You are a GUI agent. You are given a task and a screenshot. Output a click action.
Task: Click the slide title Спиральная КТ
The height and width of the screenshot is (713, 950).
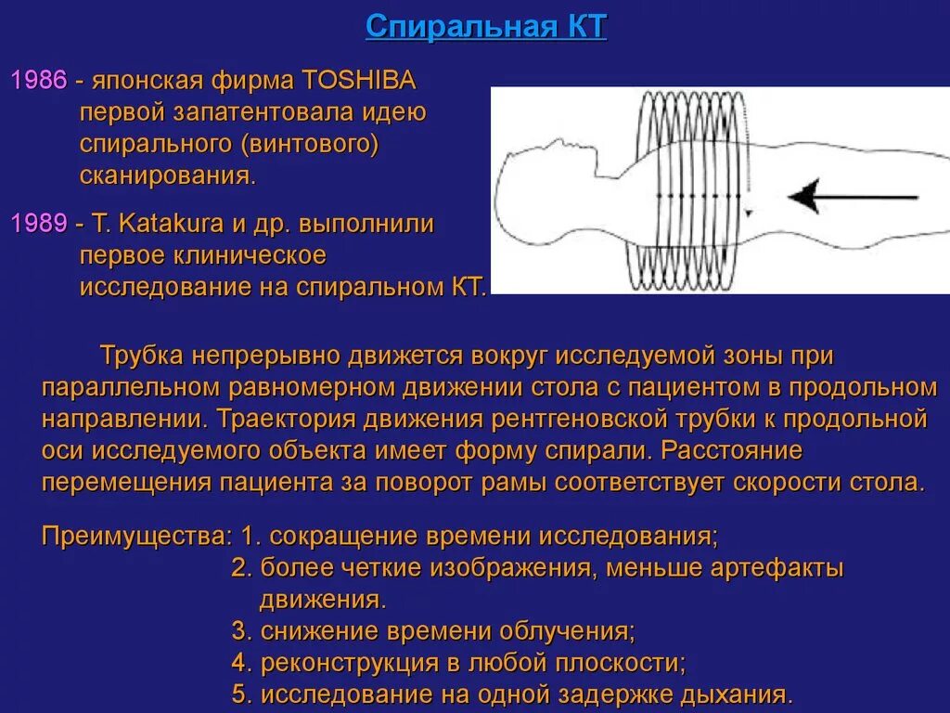pos(485,26)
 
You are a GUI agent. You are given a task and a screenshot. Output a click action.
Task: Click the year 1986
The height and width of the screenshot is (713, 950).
pos(38,80)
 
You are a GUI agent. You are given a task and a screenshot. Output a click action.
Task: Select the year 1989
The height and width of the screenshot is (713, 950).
pos(38,224)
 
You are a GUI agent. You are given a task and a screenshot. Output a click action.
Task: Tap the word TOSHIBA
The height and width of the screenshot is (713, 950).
pos(359,80)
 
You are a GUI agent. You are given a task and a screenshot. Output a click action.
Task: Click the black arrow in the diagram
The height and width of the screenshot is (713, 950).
pos(852,197)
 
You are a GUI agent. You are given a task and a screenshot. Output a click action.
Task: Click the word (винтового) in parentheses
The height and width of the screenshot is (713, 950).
pos(311,144)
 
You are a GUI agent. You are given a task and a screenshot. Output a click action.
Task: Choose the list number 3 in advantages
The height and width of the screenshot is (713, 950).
pos(241,632)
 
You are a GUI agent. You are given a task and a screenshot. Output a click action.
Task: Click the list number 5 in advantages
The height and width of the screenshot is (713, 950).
pos(241,694)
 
